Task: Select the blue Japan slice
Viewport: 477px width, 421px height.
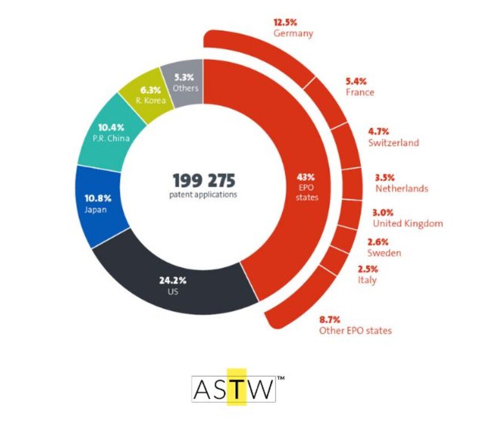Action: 97,204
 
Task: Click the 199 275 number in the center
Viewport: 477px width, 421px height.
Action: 204,180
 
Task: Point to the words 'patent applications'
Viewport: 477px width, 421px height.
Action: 203,195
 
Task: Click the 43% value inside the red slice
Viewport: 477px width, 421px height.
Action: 306,177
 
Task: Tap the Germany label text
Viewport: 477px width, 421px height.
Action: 293,33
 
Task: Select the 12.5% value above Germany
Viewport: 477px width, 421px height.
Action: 285,22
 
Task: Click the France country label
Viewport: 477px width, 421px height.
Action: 360,92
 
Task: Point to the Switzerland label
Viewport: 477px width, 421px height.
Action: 394,143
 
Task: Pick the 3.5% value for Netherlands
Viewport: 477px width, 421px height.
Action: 385,178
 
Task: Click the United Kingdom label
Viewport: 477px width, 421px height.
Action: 408,224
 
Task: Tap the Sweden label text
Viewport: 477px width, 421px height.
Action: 384,253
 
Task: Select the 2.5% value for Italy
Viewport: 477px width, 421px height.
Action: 368,269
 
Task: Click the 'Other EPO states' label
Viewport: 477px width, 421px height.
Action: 355,331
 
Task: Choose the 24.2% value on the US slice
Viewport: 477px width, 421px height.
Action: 173,280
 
